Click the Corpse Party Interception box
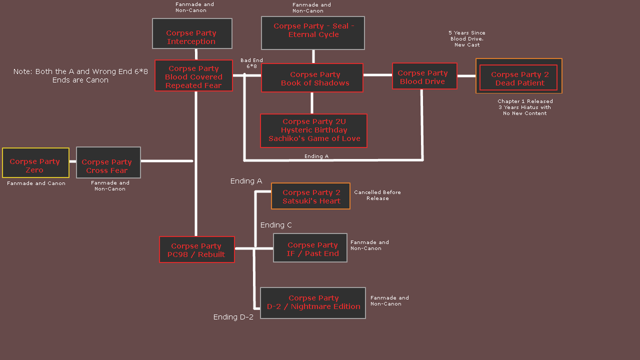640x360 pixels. [192, 33]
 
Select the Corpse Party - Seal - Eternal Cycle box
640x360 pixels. [313, 33]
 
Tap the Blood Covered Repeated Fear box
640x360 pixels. [193, 76]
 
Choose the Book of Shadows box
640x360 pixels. [312, 78]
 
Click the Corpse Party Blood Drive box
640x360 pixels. [424, 76]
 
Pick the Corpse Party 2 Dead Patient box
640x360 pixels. [518, 76]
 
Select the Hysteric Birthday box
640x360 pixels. [313, 130]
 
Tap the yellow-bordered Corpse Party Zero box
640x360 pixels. [35, 163]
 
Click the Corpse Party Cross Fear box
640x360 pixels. [108, 162]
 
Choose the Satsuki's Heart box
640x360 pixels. [310, 196]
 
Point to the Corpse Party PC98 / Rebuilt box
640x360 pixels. [197, 249]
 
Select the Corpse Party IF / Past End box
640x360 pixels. [310, 248]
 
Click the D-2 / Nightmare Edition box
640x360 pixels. [313, 303]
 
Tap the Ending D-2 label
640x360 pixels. [233, 317]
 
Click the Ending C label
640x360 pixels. [276, 225]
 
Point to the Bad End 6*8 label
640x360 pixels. [251, 63]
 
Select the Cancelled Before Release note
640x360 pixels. [377, 195]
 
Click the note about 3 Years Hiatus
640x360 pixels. [525, 107]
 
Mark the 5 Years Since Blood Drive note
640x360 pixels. [467, 39]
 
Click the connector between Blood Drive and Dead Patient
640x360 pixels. [466, 76]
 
